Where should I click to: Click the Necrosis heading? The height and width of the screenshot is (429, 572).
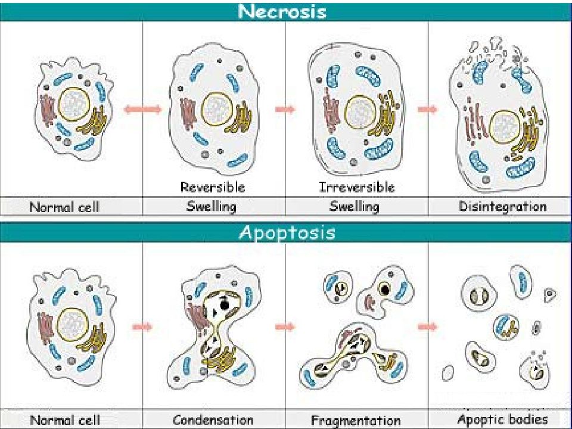click(x=282, y=11)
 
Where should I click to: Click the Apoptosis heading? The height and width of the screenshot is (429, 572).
click(x=287, y=232)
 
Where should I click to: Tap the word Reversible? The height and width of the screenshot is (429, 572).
click(x=213, y=187)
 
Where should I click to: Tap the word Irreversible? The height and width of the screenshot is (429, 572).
click(x=357, y=187)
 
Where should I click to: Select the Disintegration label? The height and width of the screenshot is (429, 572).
click(x=503, y=207)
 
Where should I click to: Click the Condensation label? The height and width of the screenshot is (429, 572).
click(x=213, y=419)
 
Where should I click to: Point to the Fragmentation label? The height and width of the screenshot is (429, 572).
click(x=356, y=420)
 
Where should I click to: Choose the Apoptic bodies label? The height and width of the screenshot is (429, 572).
click(x=503, y=419)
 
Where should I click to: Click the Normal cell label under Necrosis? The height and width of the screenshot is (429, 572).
click(x=64, y=207)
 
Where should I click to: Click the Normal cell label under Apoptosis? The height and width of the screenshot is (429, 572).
click(x=65, y=419)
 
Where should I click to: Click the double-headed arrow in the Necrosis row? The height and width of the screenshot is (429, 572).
click(x=142, y=109)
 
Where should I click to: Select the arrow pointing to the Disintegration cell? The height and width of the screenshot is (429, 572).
click(x=428, y=109)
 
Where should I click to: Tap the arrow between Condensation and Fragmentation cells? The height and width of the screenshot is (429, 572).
click(x=285, y=327)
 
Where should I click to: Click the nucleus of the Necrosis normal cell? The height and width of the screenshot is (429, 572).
click(x=74, y=104)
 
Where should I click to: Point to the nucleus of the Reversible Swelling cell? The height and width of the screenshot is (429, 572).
click(x=217, y=108)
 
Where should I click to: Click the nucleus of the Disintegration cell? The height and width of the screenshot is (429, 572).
click(x=505, y=126)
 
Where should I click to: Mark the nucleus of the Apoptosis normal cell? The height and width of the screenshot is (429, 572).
click(x=73, y=324)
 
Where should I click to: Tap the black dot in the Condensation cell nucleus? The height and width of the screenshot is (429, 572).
click(x=225, y=304)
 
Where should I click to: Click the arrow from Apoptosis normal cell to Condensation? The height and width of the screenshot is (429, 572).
click(x=142, y=327)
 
